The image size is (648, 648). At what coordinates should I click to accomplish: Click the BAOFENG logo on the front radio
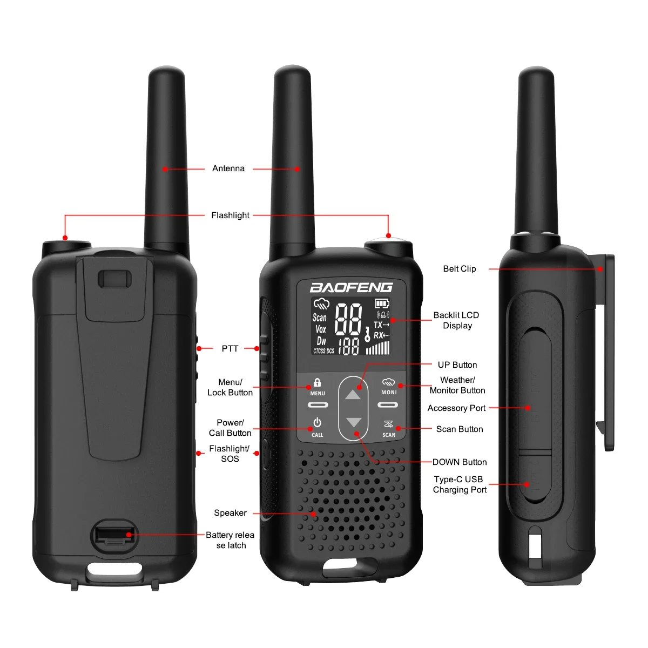[351, 287]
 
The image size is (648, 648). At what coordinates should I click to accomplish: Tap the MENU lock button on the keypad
[318, 387]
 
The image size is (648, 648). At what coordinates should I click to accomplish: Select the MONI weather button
[389, 387]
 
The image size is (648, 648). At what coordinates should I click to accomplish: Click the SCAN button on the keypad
[389, 428]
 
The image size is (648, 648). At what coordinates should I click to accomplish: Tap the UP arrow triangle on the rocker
[353, 395]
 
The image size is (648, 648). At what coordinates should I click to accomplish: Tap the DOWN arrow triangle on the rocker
[353, 422]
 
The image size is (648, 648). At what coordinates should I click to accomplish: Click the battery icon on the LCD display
[382, 303]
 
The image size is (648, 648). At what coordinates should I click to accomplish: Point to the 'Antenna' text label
[228, 168]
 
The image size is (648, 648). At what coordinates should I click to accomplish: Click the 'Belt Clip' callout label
[460, 269]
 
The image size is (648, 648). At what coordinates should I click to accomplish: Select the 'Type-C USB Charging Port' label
[460, 484]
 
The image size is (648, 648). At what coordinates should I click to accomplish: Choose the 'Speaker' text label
[230, 513]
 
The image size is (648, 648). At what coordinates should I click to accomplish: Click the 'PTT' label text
[230, 348]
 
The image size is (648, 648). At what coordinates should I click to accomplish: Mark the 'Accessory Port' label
[456, 408]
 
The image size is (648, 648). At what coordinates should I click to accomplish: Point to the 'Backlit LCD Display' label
[456, 320]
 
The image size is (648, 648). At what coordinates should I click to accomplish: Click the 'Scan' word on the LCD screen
[320, 318]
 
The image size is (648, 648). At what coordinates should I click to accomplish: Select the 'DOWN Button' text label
[460, 462]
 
